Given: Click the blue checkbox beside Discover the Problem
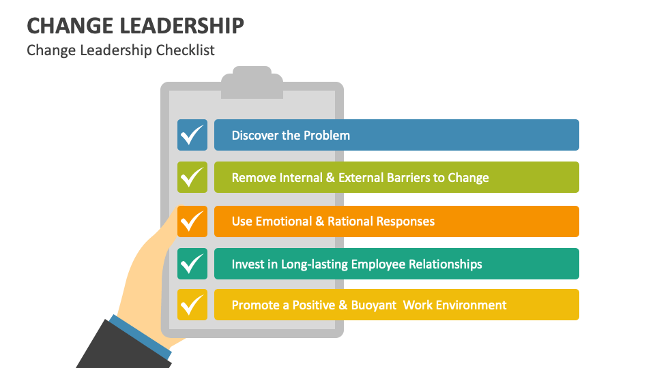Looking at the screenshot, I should pos(192,135).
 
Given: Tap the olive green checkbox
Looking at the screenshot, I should pos(192,177).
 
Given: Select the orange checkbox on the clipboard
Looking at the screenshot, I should pos(192,221).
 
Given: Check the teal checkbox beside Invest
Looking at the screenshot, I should pos(192,264).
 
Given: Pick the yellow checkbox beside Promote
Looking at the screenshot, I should pos(192,305).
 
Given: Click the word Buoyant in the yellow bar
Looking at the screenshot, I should pos(373,305).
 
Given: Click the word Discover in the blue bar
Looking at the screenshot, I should pos(256,135).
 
